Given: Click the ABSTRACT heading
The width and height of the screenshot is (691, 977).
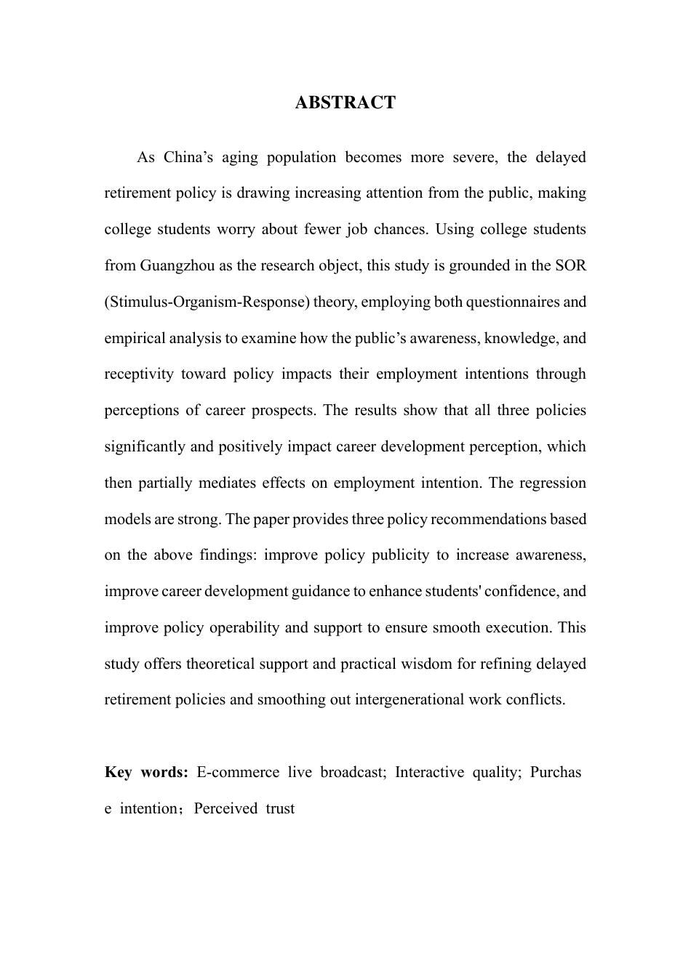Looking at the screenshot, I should coord(345,102).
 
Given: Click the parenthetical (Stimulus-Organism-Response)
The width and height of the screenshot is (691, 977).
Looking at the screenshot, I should coord(207,302).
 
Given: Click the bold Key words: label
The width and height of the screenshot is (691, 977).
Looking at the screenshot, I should coord(147,772).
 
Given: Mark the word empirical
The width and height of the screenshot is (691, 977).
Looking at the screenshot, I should coord(134,338).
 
